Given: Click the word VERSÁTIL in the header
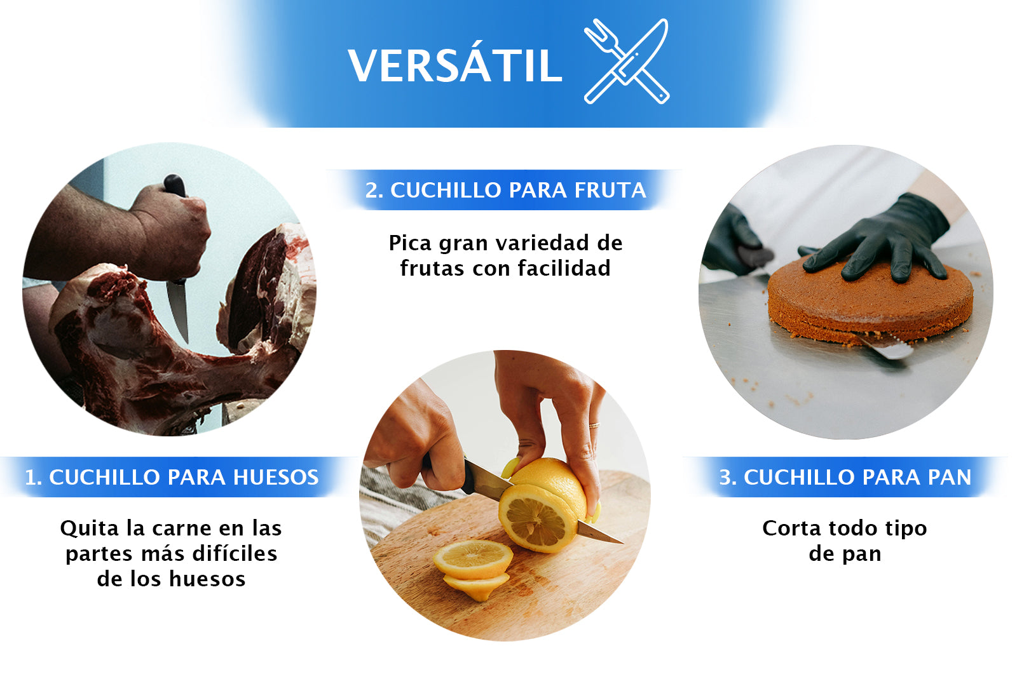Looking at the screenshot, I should [x=454, y=65].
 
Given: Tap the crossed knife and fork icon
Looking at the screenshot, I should [x=627, y=61].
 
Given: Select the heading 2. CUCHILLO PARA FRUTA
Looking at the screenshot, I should [x=505, y=190].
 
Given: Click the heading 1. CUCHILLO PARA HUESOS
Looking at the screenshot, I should [x=172, y=477].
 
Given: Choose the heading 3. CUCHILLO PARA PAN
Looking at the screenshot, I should [x=845, y=477].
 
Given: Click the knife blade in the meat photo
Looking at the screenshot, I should [x=178, y=309].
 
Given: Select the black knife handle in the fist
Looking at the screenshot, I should [x=175, y=185].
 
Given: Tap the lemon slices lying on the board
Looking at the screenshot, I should [x=474, y=565].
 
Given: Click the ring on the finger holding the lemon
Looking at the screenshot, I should [x=594, y=425].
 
